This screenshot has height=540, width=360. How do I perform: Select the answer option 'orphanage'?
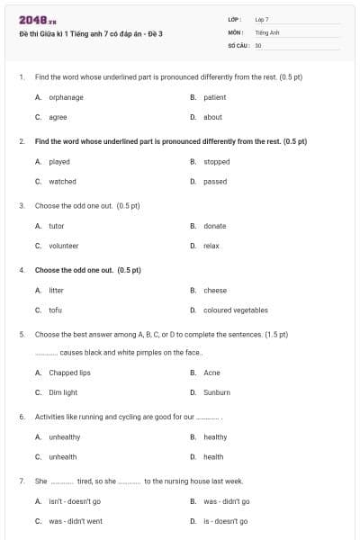[66, 97]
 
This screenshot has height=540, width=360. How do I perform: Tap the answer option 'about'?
[212, 117]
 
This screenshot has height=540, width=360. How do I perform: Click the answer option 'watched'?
[62, 182]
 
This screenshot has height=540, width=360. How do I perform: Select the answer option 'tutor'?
[56, 226]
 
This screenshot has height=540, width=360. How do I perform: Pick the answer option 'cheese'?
[214, 291]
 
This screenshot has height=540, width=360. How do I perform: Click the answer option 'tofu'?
[55, 310]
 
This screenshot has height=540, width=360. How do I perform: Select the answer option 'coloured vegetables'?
[235, 310]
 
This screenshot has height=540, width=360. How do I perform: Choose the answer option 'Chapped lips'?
[69, 373]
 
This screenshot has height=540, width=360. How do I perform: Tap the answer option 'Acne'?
[211, 373]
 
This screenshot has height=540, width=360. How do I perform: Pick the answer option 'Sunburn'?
[216, 392]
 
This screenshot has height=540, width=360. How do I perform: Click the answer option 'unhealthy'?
[64, 437]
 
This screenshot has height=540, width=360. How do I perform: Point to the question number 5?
[21, 334]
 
